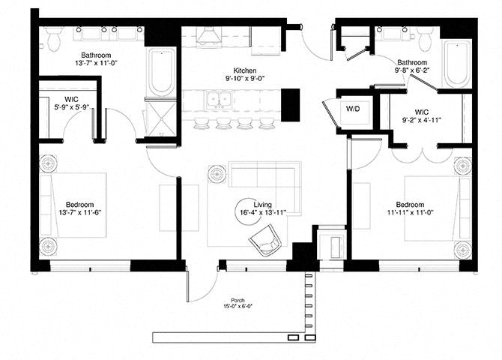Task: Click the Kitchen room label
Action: (x=245, y=70)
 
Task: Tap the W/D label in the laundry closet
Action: (x=353, y=109)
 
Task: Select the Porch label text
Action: (x=238, y=300)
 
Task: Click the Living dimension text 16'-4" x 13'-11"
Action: (x=263, y=212)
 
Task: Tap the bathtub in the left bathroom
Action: (x=161, y=71)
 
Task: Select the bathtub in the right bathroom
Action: (x=456, y=63)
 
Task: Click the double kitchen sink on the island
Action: (x=220, y=99)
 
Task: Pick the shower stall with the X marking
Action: (x=162, y=119)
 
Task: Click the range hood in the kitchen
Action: (x=209, y=35)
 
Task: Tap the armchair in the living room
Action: (x=265, y=240)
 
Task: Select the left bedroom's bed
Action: (x=73, y=205)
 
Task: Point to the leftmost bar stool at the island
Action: (x=200, y=123)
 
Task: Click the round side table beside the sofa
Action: (x=217, y=175)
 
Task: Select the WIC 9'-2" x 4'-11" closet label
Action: (x=422, y=116)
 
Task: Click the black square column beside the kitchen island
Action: (x=291, y=105)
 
